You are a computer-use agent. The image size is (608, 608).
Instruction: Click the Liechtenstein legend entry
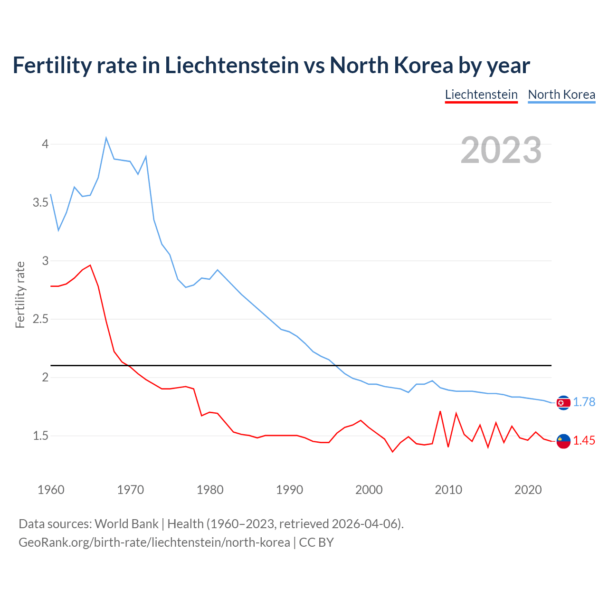pos(481,95)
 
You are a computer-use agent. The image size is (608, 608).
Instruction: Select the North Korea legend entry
pos(561,95)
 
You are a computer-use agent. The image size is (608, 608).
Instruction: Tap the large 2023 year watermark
pos(501,150)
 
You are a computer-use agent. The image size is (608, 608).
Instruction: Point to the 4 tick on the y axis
pos(45,144)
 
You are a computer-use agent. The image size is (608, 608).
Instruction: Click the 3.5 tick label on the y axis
pos(40,202)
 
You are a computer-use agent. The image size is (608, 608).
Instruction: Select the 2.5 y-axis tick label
pos(40,319)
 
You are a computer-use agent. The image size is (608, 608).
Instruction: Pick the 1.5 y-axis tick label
pos(40,436)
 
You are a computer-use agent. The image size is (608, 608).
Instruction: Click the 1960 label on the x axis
pos(51,490)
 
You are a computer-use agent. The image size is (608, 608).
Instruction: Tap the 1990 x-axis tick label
pos(289,490)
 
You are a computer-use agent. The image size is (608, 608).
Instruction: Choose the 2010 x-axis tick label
pos(448,490)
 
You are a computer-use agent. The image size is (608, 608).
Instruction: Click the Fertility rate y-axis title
pos(20,294)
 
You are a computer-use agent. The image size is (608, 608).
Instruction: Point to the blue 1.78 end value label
pos(584,402)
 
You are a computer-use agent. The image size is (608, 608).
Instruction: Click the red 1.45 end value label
pos(584,441)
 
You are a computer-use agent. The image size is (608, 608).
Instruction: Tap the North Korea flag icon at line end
pos(563,403)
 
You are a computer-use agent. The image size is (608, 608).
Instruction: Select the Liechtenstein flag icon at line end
pos(563,441)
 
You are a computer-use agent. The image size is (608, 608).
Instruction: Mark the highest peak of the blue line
pos(106,138)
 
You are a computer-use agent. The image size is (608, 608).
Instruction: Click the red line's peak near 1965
pos(90,266)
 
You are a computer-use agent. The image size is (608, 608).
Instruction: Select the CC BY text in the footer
pos(316,542)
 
